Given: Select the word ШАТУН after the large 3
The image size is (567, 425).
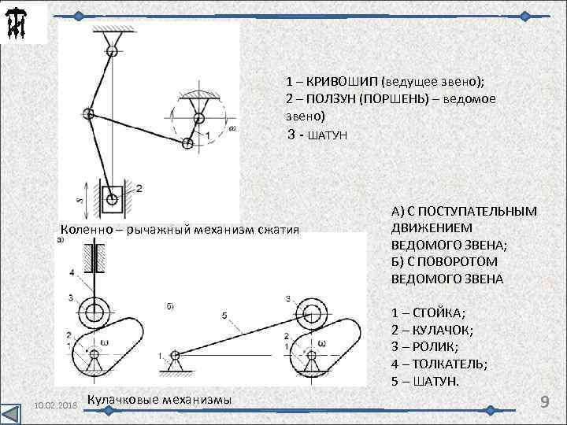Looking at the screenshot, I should [x=324, y=135].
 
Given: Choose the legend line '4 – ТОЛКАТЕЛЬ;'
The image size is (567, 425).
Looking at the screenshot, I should [x=439, y=364].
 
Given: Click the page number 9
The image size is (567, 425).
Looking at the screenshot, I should [x=543, y=402].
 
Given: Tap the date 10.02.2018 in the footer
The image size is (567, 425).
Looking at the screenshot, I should [x=53, y=405].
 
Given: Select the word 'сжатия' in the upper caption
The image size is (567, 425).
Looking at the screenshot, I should [x=278, y=230].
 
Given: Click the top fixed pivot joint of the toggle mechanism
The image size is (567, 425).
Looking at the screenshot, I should [x=113, y=51].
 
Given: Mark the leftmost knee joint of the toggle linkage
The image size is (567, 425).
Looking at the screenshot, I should [x=89, y=115].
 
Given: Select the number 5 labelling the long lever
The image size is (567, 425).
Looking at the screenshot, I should [x=224, y=316].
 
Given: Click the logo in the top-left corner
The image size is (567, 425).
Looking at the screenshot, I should [x=17, y=22].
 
